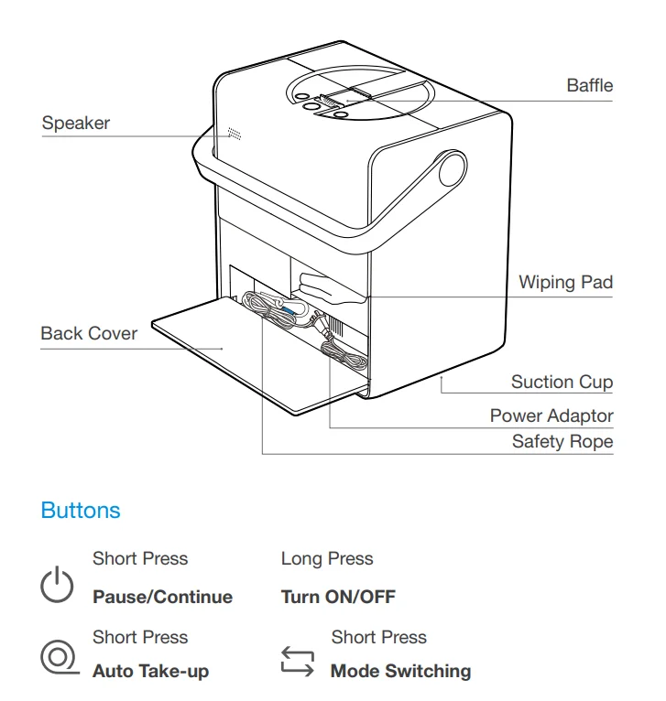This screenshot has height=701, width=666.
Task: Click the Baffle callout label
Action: click(589, 86)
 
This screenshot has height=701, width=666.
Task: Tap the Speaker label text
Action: click(76, 124)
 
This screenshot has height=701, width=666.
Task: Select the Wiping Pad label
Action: click(565, 282)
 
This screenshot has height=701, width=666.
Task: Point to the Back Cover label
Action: click(89, 333)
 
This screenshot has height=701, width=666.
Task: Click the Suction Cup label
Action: click(562, 382)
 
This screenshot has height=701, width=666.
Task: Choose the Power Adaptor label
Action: click(551, 415)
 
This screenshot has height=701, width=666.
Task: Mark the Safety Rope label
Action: click(562, 442)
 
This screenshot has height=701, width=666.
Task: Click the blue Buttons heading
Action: click(81, 510)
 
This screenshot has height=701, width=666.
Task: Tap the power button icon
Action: click(57, 584)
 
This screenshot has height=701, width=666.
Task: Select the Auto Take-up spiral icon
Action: click(57, 658)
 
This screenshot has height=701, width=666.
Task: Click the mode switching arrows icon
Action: click(297, 661)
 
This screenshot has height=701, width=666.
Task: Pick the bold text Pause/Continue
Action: click(162, 598)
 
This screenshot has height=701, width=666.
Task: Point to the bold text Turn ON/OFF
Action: click(338, 598)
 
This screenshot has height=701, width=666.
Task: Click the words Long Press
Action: click(327, 558)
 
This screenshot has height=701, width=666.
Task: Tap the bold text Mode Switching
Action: click(400, 671)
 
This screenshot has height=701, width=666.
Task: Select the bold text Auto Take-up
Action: click(150, 671)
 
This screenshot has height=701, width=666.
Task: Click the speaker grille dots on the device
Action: click(235, 133)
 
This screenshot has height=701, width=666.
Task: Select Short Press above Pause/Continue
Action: click(140, 558)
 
